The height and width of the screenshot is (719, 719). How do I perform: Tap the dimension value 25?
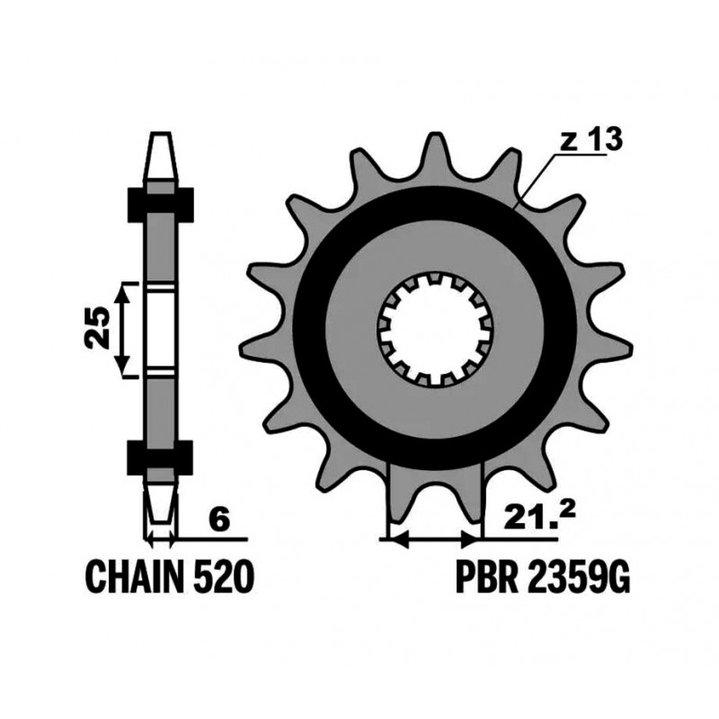[x=100, y=328]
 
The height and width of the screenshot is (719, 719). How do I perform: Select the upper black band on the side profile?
[x=162, y=205]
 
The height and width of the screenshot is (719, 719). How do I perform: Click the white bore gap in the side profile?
[x=162, y=328]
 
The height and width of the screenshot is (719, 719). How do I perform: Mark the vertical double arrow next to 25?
[x=127, y=328]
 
